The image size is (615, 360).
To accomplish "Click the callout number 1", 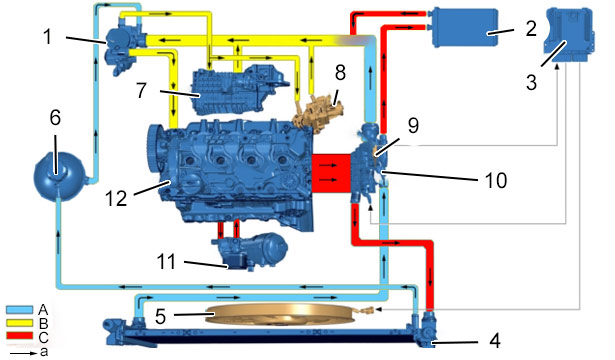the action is (48, 37).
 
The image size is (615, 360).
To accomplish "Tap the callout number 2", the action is (531, 28).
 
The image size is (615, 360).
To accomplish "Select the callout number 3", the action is (531, 83).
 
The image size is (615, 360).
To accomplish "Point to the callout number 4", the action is (495, 340).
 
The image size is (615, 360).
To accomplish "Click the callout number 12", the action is (116, 198).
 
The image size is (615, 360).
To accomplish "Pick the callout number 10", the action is (496, 180).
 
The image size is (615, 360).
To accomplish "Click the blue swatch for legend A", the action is (20, 309).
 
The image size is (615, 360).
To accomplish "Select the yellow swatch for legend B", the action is (20, 323).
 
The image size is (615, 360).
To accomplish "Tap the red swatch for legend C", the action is (20, 336).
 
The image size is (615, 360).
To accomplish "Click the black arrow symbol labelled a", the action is (24, 353).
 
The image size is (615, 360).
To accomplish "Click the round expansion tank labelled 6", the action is (59, 174).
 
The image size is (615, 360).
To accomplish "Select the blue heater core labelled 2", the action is (464, 27).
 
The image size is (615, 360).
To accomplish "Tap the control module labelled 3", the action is (571, 35).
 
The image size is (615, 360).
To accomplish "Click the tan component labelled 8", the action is (318, 113).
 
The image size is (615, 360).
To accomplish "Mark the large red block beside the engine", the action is (331, 173).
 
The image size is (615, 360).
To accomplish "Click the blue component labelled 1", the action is (123, 46).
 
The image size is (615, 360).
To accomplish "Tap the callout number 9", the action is (413, 125).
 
